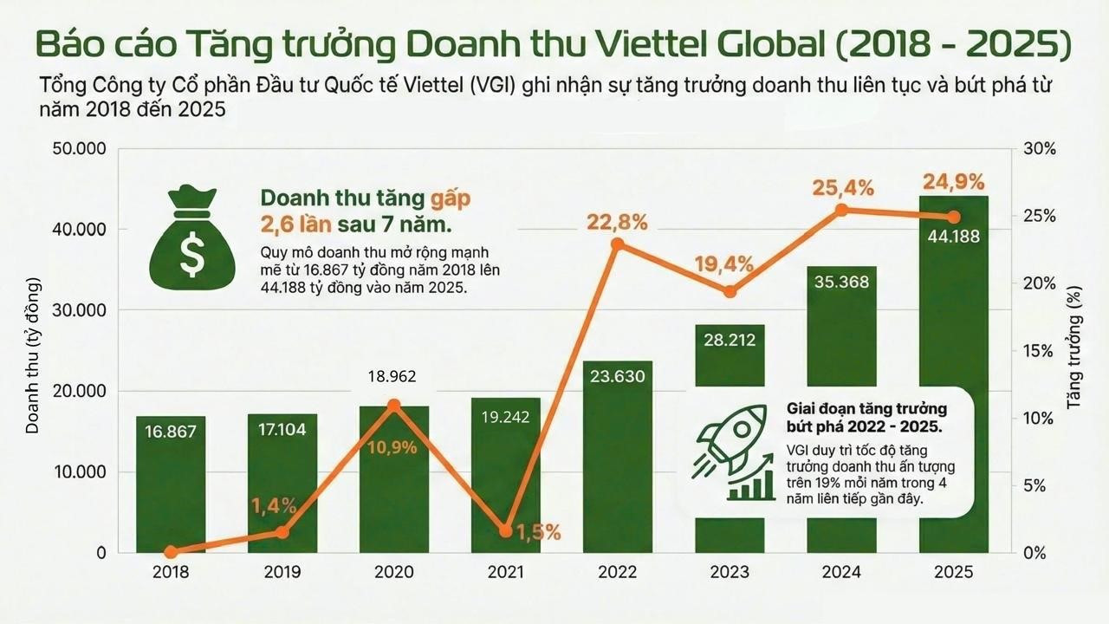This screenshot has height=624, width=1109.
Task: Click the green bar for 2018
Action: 171,485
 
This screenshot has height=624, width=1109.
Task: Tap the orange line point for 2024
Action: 840,210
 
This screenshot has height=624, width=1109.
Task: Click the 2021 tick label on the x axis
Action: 506,573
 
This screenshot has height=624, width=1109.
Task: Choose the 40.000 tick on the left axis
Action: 83,230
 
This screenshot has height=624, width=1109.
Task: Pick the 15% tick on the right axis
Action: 1041,351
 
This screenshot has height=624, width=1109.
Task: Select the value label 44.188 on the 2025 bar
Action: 952,235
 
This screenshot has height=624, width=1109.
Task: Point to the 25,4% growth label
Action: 842,187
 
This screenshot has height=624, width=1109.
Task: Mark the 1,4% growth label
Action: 275,505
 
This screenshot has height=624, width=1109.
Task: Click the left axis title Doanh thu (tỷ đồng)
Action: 34,355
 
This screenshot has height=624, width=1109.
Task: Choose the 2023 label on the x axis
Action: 729,573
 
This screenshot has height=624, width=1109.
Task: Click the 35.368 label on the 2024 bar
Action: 840,282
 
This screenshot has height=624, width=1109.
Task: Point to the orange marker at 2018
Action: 171,552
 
